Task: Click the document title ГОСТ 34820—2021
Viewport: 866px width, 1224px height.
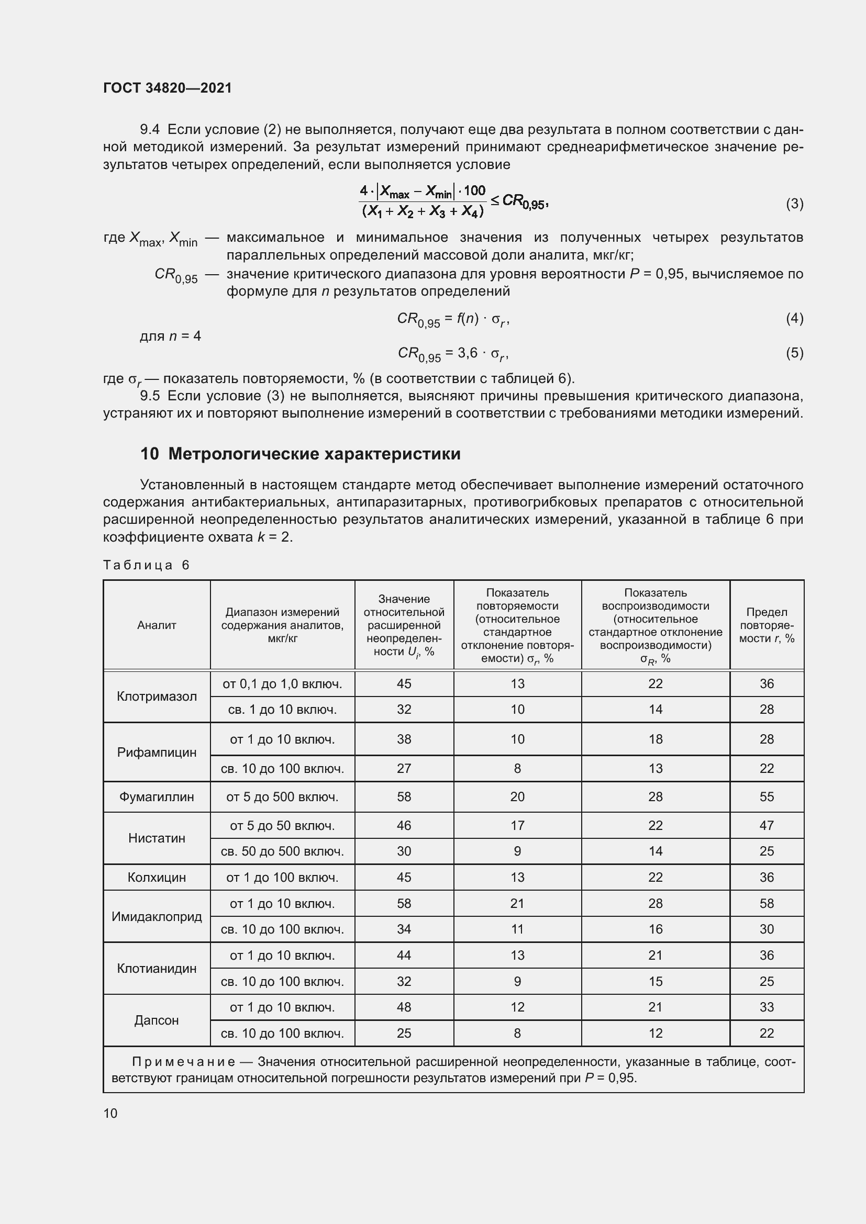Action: pyautogui.click(x=168, y=88)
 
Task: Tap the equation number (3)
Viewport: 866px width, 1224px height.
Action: pyautogui.click(x=794, y=204)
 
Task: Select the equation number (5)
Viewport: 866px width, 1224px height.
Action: pyautogui.click(x=794, y=353)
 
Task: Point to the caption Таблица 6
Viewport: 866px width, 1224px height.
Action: pyautogui.click(x=146, y=565)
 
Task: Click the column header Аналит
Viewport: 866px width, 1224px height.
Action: pyautogui.click(x=156, y=625)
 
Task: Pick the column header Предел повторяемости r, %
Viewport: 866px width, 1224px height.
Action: pyautogui.click(x=767, y=625)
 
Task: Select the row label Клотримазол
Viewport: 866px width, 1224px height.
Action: pyautogui.click(x=156, y=697)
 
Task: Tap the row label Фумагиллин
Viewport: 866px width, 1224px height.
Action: pyautogui.click(x=156, y=797)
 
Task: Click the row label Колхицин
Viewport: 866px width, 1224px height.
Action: pyautogui.click(x=156, y=878)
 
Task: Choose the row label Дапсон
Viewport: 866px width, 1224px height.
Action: pyautogui.click(x=156, y=1020)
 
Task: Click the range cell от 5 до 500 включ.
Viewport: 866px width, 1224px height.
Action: pyautogui.click(x=282, y=797)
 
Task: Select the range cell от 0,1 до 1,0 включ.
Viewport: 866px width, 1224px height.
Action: pyautogui.click(x=282, y=684)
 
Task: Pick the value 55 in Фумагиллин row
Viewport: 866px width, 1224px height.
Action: pyautogui.click(x=767, y=797)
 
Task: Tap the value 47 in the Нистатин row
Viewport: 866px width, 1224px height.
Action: pyautogui.click(x=767, y=826)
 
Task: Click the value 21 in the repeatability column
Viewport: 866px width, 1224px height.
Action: pyautogui.click(x=517, y=904)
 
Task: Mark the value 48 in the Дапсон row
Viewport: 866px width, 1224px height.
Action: pyautogui.click(x=404, y=1007)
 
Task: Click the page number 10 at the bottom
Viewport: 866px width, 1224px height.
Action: pyautogui.click(x=110, y=1113)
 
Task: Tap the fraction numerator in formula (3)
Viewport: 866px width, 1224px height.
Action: pyautogui.click(x=423, y=192)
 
